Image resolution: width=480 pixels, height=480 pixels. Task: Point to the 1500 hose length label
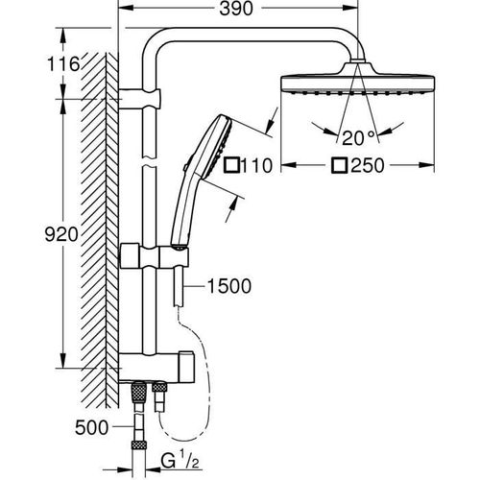click(x=228, y=286)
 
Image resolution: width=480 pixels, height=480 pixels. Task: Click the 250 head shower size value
click(x=366, y=166)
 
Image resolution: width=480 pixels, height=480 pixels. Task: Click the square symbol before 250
click(x=339, y=166)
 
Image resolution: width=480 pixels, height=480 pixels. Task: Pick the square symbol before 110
click(x=230, y=166)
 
